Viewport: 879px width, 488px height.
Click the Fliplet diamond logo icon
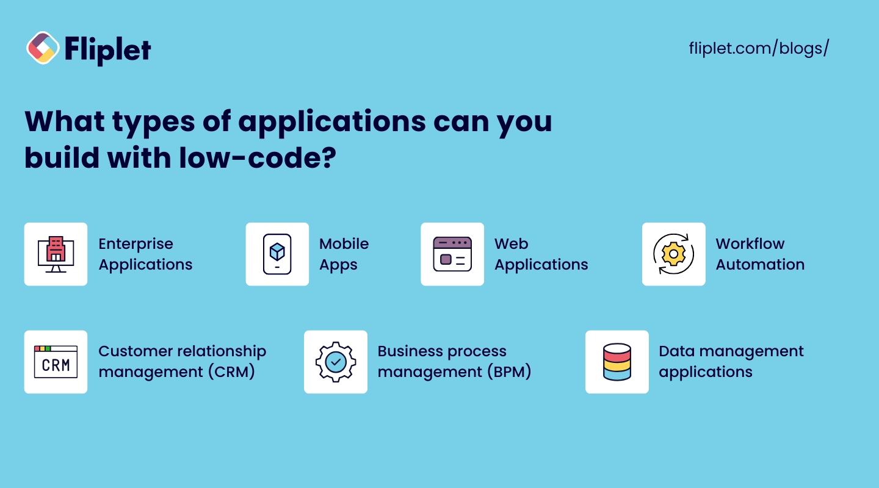pos(43,48)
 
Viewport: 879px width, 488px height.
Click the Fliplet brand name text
pos(107,51)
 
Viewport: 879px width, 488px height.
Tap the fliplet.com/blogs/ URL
pos(759,48)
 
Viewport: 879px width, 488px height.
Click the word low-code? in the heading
pos(258,158)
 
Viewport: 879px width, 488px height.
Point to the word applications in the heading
pos(332,123)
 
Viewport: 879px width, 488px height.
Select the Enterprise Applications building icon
pos(56,254)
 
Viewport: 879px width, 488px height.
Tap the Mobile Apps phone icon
pos(277,254)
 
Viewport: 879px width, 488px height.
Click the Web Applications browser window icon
pos(452,254)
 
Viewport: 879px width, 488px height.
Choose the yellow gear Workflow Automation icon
pos(673,254)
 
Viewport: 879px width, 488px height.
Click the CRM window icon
pos(56,362)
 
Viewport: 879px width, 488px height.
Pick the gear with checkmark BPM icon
pos(336,362)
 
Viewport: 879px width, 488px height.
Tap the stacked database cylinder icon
pos(617,362)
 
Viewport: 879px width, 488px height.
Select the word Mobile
pos(344,243)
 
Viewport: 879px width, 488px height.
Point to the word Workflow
pos(750,243)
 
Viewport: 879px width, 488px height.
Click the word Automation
pos(760,264)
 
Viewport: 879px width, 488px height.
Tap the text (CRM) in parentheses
pos(231,372)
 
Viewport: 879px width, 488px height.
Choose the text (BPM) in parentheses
pos(509,372)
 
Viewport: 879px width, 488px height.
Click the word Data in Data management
pos(676,351)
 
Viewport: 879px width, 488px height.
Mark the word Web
pos(511,243)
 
